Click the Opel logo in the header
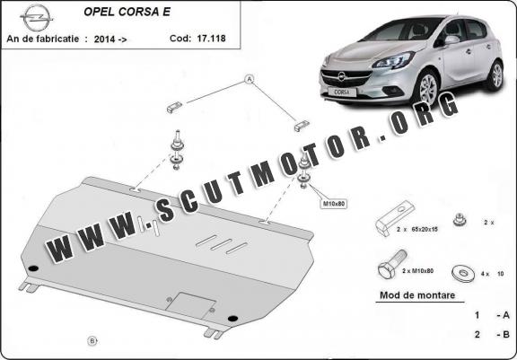[36, 18]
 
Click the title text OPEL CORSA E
[127, 12]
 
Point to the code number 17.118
[211, 39]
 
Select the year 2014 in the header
[104, 40]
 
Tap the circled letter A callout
[250, 79]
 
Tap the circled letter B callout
[92, 340]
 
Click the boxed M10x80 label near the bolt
[333, 204]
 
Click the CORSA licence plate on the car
[342, 92]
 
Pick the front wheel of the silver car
[428, 87]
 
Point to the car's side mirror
[451, 40]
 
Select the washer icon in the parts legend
[463, 273]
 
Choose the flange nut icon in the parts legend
[460, 220]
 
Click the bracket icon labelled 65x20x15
[394, 218]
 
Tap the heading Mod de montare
[417, 295]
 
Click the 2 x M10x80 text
[417, 271]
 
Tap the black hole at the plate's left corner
[33, 268]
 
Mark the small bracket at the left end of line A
[174, 107]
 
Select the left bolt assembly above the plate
[177, 150]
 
